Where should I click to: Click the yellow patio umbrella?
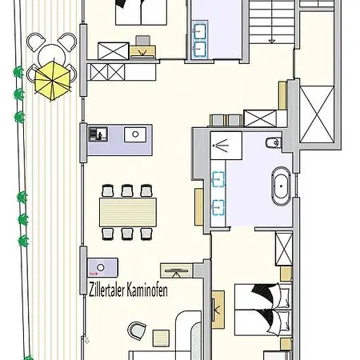(53, 81)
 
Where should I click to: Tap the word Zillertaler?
(106, 290)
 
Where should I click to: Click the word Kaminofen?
(147, 290)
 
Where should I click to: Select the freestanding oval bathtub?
(281, 186)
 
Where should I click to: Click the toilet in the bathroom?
(274, 142)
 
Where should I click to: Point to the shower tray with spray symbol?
(226, 146)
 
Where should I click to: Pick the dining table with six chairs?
(128, 212)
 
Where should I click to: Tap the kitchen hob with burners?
(98, 134)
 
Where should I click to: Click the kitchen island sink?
(135, 134)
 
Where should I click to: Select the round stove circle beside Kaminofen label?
(101, 267)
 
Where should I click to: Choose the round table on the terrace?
(51, 56)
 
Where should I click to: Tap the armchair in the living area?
(137, 330)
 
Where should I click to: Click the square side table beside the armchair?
(161, 338)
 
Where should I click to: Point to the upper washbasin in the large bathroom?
(218, 179)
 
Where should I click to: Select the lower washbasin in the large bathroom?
(218, 207)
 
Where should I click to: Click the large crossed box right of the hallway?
(317, 114)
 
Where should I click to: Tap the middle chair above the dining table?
(127, 190)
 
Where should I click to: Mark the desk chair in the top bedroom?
(143, 41)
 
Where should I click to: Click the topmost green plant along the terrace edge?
(18, 71)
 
